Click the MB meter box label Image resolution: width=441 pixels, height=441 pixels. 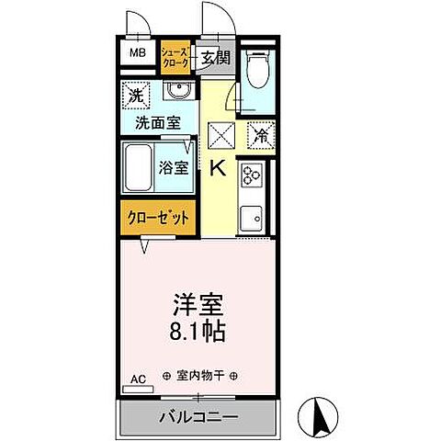click(137, 53)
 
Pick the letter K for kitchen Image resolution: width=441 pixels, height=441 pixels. click(219, 168)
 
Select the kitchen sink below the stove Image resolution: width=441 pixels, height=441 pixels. click(253, 217)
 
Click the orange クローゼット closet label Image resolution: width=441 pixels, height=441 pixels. click(158, 219)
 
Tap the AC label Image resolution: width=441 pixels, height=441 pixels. click(138, 379)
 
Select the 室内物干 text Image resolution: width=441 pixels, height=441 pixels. click(198, 377)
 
